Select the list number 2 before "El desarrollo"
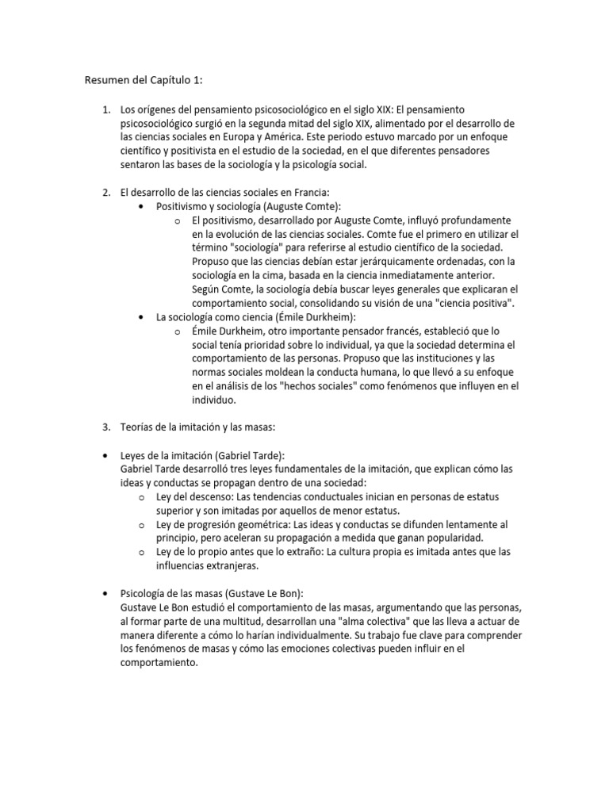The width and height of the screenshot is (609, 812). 105,192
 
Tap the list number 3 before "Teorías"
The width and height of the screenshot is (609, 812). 105,427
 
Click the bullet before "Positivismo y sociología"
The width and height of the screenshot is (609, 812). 141,206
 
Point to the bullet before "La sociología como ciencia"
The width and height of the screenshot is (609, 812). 141,317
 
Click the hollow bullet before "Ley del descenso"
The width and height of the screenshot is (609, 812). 141,498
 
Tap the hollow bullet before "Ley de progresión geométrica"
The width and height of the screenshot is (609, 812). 141,525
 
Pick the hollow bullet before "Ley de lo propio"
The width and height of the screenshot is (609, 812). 141,553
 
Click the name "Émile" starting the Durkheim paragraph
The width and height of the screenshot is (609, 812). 206,331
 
